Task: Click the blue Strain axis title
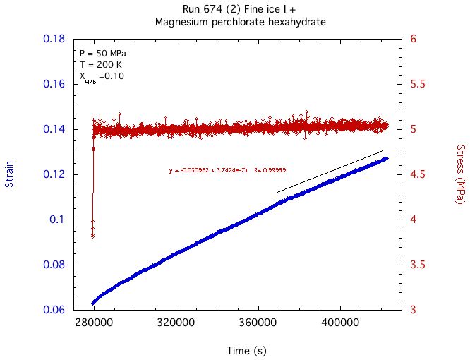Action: click(x=10, y=174)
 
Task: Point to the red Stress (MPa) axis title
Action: click(x=460, y=174)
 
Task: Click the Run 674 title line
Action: click(x=240, y=9)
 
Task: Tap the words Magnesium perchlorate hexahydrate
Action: click(x=240, y=22)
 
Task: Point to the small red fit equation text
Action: click(x=227, y=171)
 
